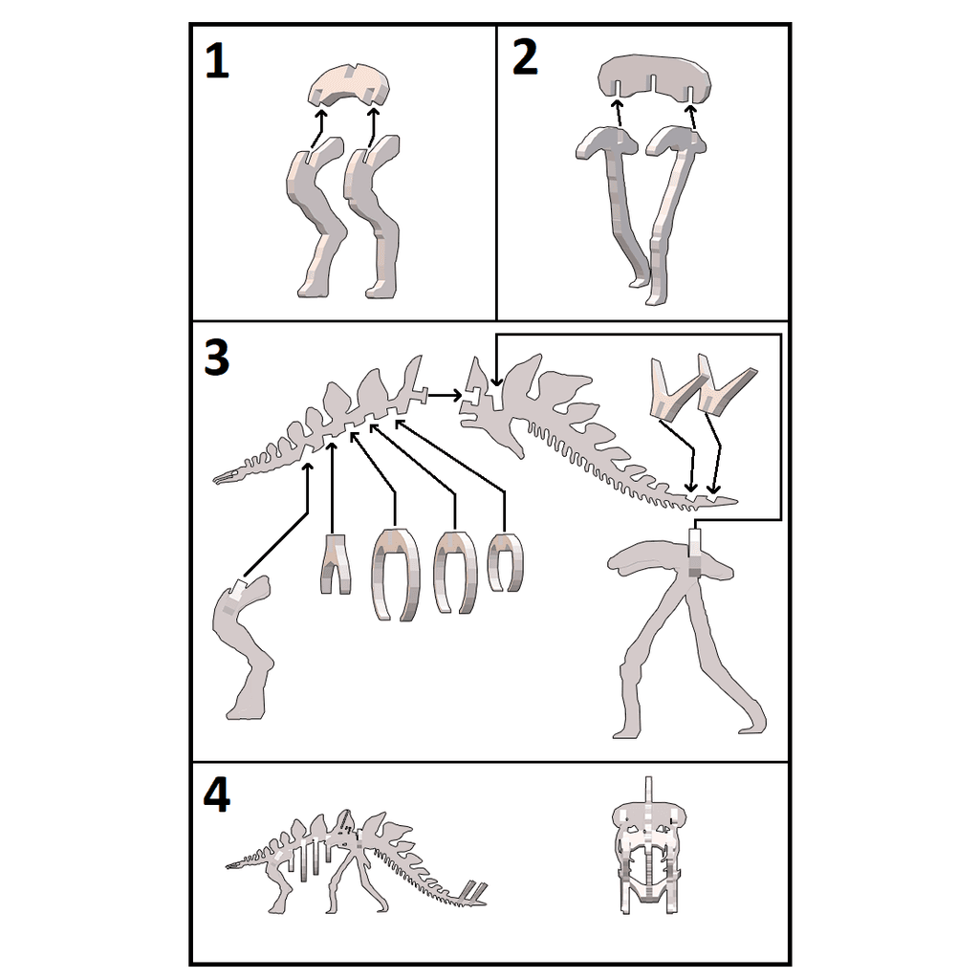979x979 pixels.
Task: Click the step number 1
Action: pos(217,62)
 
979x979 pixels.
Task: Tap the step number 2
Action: pos(525,56)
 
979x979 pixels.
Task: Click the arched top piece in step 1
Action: pos(350,86)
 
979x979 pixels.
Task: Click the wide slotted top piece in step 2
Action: pos(654,78)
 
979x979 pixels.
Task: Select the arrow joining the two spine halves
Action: pos(444,395)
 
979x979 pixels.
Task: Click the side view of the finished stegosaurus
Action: pos(356,861)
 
